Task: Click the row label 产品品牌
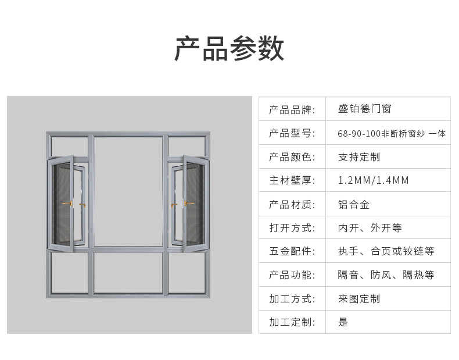[292, 109]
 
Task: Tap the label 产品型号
[292, 133]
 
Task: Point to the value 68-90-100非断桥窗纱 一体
[392, 133]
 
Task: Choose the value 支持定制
[359, 157]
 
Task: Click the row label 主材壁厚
[292, 180]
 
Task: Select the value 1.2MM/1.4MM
[374, 180]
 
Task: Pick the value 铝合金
[354, 204]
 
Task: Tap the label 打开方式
[292, 228]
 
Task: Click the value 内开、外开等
[370, 228]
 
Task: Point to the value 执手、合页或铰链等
[386, 251]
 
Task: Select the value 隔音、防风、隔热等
[386, 275]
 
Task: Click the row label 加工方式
[292, 299]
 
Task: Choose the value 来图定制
[359, 299]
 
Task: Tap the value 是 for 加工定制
[343, 322]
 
